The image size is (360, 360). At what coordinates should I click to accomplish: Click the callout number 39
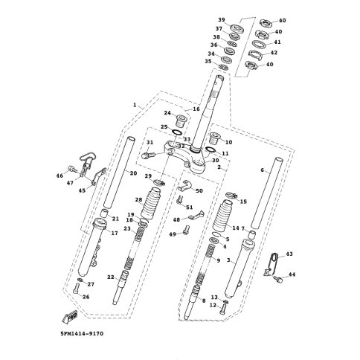222,20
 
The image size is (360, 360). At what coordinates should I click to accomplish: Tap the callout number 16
196,109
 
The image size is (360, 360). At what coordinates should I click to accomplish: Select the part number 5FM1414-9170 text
82,334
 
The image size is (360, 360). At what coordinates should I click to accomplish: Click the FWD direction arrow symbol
70,317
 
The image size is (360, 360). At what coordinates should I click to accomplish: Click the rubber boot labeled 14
222,216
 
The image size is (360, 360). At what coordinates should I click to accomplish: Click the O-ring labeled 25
177,132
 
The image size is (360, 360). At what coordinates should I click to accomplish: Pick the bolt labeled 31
148,155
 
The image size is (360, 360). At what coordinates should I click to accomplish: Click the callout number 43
289,254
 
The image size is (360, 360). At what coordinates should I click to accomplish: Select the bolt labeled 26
76,289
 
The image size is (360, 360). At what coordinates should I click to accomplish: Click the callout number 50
199,190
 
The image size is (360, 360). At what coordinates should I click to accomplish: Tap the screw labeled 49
186,229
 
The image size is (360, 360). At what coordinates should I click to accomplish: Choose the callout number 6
263,170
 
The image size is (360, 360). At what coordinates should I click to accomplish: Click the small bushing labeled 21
104,213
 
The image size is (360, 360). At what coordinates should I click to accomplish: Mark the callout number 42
274,53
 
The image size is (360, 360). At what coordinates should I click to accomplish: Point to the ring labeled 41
260,44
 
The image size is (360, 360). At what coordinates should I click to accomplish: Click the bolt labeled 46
71,168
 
